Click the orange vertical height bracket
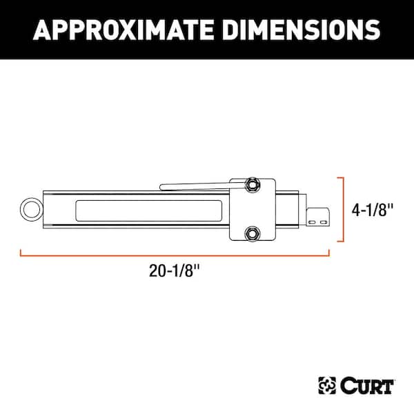(x=343, y=209)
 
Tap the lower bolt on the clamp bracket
(x=253, y=235)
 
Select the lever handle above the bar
(x=193, y=186)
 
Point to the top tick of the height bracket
(x=339, y=177)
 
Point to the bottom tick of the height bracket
(x=339, y=241)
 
